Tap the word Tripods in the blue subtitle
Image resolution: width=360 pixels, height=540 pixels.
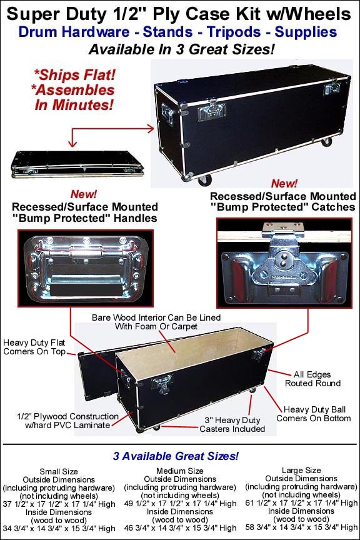tap(234, 32)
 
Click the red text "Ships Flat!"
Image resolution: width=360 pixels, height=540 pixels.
tap(74, 75)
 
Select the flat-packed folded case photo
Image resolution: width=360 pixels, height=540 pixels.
tap(77, 164)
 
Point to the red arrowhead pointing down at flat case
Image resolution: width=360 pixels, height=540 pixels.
tap(72, 143)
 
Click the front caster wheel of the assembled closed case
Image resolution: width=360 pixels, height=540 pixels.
tap(204, 180)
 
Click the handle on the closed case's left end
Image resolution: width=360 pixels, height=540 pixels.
tap(167, 113)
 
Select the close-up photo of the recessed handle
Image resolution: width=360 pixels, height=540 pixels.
tap(86, 268)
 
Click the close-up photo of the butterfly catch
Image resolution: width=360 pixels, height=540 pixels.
tap(284, 262)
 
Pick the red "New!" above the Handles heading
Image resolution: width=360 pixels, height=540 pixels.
tap(84, 194)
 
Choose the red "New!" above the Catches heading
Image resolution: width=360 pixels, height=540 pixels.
tap(284, 183)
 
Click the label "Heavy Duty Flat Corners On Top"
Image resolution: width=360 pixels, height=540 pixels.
tap(34, 347)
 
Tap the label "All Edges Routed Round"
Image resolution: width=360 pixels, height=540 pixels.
tap(312, 379)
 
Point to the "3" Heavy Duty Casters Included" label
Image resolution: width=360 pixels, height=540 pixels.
tap(232, 424)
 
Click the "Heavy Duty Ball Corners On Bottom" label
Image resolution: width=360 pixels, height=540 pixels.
tap(314, 414)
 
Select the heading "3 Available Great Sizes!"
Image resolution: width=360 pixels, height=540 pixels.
tap(176, 456)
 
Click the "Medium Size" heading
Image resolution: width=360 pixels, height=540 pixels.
tap(180, 471)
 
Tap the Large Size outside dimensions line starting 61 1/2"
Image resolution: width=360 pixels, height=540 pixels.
tap(301, 502)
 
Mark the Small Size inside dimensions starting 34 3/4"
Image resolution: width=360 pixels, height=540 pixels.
tap(59, 528)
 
